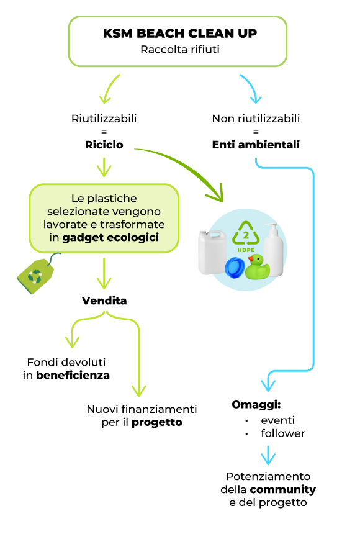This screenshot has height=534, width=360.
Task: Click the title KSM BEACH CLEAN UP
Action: (x=180, y=34)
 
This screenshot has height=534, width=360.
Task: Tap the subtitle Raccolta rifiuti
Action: (x=180, y=50)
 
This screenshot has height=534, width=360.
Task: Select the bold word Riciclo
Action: (x=104, y=145)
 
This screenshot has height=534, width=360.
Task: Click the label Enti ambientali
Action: (x=256, y=145)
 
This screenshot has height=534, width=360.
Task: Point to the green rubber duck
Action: (x=258, y=266)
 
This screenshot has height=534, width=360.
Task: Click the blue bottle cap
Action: (x=235, y=268)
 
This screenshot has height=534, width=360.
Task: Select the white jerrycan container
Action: (x=212, y=252)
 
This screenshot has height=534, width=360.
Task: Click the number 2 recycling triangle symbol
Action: (x=246, y=233)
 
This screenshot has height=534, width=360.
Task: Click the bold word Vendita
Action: (x=104, y=301)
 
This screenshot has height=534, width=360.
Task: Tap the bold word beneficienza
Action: (x=73, y=375)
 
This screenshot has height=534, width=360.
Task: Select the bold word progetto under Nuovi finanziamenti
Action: (x=157, y=423)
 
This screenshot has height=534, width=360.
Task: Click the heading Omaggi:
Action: (x=256, y=405)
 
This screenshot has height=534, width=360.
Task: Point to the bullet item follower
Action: (x=282, y=433)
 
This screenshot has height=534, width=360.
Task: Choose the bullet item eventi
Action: (x=277, y=420)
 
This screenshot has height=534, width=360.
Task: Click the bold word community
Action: (x=282, y=490)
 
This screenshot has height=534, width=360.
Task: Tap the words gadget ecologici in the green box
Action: (x=110, y=238)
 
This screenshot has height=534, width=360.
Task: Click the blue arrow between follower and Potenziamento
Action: (x=268, y=455)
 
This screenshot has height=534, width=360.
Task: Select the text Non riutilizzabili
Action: (x=256, y=119)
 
